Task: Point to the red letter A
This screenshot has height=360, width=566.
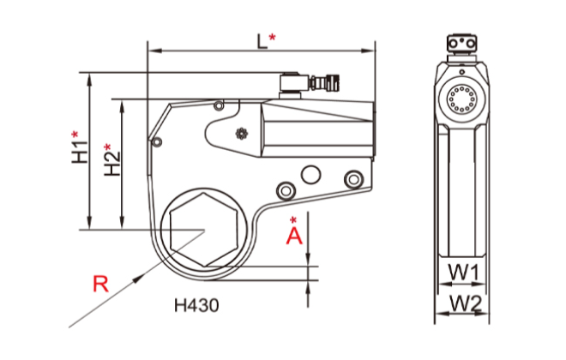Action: [x=294, y=234]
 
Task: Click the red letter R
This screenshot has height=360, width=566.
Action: [x=100, y=283]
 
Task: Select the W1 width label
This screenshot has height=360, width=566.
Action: [x=462, y=273]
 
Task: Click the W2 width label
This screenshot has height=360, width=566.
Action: [x=463, y=303]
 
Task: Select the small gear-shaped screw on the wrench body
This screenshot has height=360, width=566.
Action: [x=241, y=133]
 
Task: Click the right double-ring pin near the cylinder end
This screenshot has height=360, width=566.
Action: [x=351, y=178]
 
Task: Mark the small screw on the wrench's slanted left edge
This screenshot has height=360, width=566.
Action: [x=157, y=140]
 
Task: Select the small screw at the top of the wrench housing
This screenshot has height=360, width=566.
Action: [x=219, y=106]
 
